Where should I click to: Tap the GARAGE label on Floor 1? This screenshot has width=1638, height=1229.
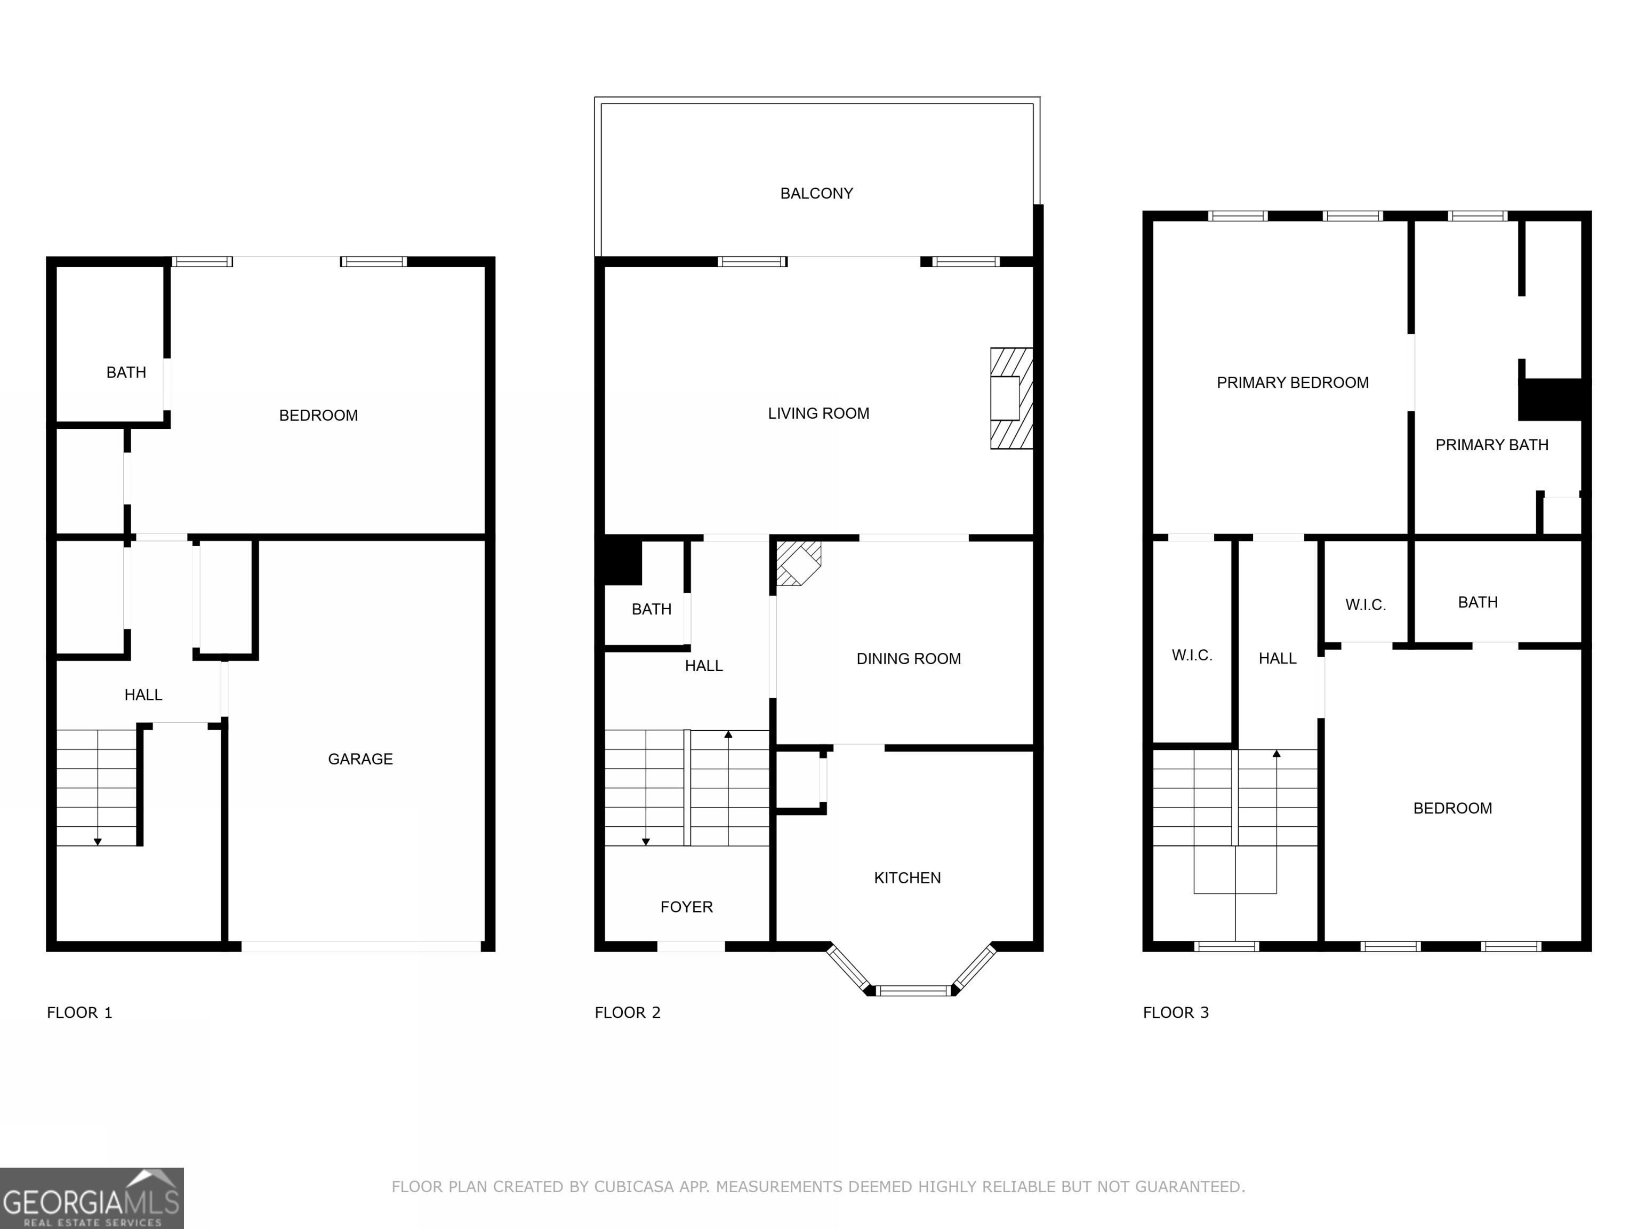tap(360, 759)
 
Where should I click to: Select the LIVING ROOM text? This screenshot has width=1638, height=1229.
tap(818, 413)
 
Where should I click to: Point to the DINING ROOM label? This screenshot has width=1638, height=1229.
tap(908, 659)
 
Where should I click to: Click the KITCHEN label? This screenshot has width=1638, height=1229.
tap(907, 878)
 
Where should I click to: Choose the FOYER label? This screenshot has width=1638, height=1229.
tap(686, 907)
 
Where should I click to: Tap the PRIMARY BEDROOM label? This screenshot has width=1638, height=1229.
tap(1292, 382)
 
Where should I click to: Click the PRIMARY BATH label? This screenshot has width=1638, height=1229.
tap(1491, 444)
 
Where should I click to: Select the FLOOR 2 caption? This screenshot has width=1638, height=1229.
tap(627, 1012)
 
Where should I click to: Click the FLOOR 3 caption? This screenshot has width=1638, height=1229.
tap(1175, 1012)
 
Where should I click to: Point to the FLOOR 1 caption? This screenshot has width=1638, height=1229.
tap(79, 1012)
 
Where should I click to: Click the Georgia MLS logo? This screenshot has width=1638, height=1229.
tap(91, 1198)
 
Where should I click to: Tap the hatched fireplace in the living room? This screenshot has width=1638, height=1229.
tap(1011, 398)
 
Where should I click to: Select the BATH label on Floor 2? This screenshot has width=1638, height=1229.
tap(651, 609)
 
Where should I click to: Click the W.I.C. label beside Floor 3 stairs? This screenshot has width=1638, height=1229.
tap(1192, 655)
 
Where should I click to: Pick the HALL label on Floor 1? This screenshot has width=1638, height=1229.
tap(143, 695)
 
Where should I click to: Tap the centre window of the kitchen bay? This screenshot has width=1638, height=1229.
tap(912, 991)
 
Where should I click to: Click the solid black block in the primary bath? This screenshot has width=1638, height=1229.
tap(1553, 400)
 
